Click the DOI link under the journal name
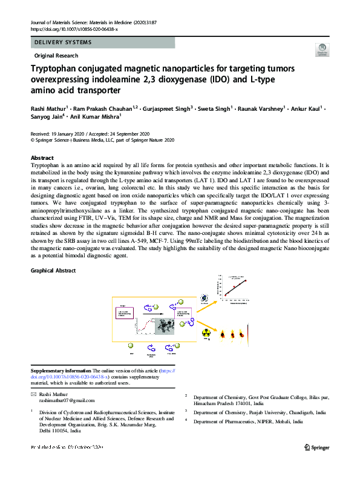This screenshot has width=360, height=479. coord(74,29)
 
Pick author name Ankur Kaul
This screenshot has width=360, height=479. coord(304,108)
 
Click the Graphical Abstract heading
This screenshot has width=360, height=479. coord(53,270)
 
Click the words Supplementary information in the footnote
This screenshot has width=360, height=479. coord(61,371)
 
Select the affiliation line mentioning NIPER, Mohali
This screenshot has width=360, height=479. coord(248,421)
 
